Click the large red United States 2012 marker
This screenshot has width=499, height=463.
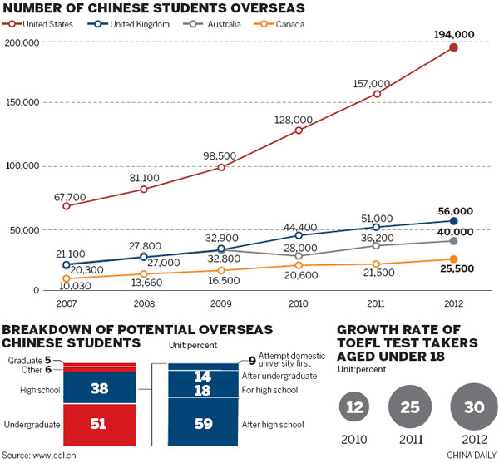pyautogui.click(x=453, y=47)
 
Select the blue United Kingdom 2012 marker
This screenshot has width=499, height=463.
pyautogui.click(x=453, y=221)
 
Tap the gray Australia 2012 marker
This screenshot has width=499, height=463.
pyautogui.click(x=453, y=241)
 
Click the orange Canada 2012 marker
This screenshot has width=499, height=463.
pyautogui.click(x=453, y=259)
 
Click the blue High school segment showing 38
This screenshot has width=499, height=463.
pyautogui.click(x=98, y=387)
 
